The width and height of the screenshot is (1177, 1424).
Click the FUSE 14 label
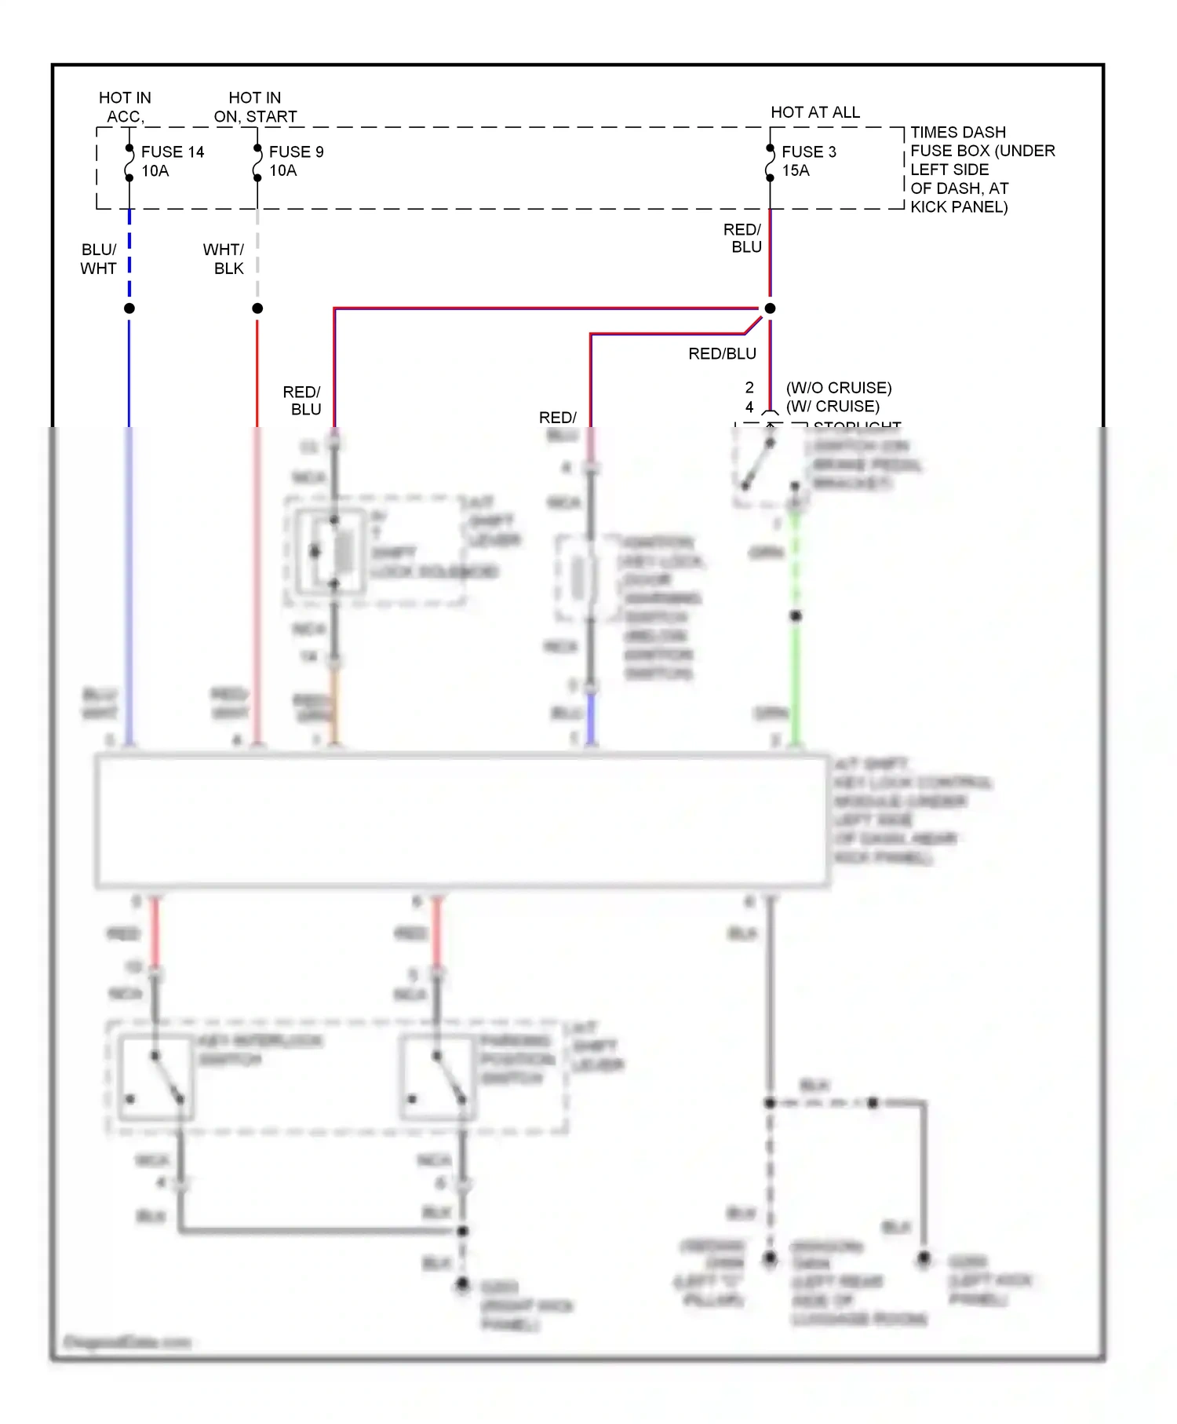[172, 152]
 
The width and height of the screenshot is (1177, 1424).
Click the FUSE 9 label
[296, 152]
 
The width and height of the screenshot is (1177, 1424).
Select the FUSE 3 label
[808, 152]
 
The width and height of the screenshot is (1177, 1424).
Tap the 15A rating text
[796, 170]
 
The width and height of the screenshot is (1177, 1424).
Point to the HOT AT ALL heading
[814, 112]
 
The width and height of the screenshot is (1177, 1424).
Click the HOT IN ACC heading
[124, 107]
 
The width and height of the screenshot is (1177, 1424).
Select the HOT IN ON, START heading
[255, 107]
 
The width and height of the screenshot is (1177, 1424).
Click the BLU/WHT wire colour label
[99, 258]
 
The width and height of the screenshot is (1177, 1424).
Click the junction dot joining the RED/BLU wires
[770, 309]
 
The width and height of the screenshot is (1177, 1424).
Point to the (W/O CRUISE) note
[838, 388]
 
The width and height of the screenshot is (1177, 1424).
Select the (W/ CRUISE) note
[833, 407]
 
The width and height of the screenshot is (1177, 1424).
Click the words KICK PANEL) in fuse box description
[959, 207]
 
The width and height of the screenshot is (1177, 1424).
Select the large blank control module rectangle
[461, 820]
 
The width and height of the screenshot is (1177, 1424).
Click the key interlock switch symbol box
[155, 1077]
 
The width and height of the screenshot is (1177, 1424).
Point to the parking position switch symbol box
[438, 1077]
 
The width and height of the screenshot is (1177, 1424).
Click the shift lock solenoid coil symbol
[343, 553]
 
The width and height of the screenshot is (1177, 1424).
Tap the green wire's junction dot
[795, 616]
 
